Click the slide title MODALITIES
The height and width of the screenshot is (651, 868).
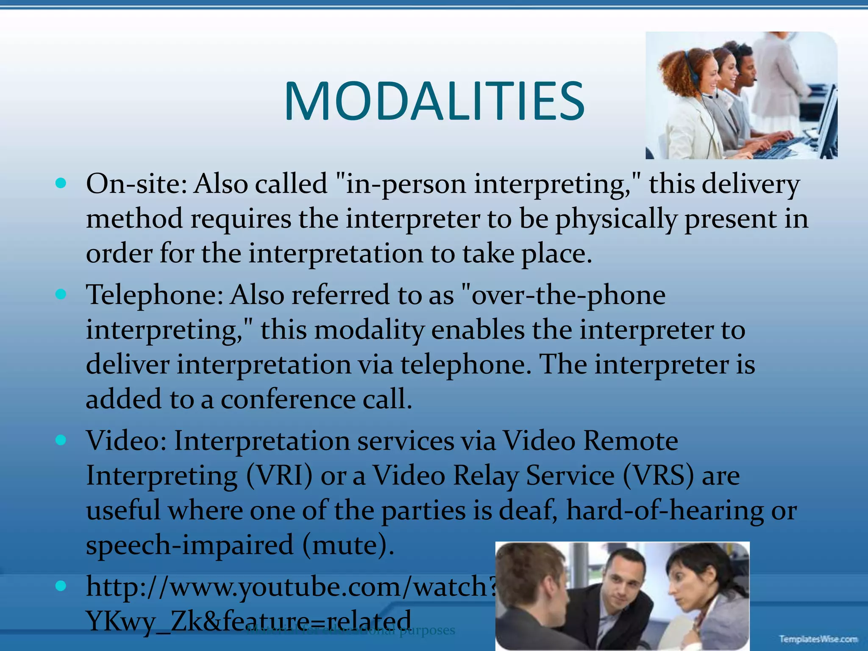(x=434, y=102)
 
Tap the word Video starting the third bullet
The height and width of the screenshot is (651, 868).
(x=126, y=441)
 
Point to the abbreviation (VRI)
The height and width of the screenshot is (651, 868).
(x=280, y=476)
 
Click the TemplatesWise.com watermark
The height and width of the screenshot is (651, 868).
(x=818, y=638)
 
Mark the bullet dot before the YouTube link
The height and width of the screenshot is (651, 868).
(x=61, y=586)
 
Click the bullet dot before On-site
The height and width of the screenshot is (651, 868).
(x=61, y=184)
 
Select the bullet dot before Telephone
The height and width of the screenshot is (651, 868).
(x=61, y=294)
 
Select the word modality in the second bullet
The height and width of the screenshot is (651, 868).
(x=369, y=330)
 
